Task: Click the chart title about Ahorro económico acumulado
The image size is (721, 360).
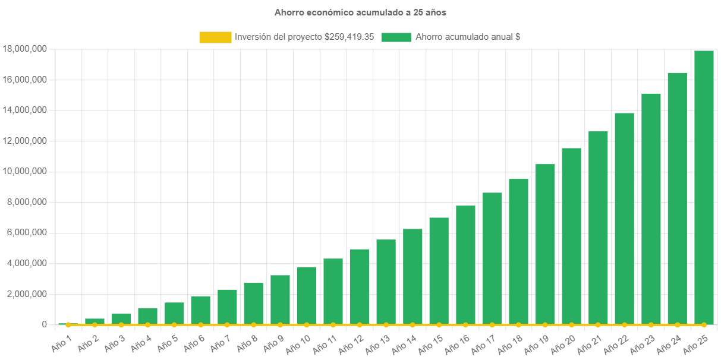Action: pyautogui.click(x=360, y=12)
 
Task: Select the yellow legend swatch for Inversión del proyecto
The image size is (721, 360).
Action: pyautogui.click(x=215, y=37)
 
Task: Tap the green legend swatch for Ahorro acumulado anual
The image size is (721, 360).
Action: pyautogui.click(x=396, y=37)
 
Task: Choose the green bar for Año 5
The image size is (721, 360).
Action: pyautogui.click(x=174, y=313)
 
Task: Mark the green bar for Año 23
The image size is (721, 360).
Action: pyautogui.click(x=651, y=209)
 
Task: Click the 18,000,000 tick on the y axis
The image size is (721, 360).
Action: pyautogui.click(x=25, y=49)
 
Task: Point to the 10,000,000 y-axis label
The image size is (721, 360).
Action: pyautogui.click(x=25, y=171)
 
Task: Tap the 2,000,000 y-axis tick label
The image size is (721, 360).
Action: pyautogui.click(x=25, y=293)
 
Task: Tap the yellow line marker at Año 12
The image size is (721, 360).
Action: pyautogui.click(x=360, y=325)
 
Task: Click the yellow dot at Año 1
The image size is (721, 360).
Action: pyautogui.click(x=68, y=325)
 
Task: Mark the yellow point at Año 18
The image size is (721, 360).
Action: pyautogui.click(x=518, y=325)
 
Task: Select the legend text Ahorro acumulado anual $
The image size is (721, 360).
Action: pyautogui.click(x=468, y=37)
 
